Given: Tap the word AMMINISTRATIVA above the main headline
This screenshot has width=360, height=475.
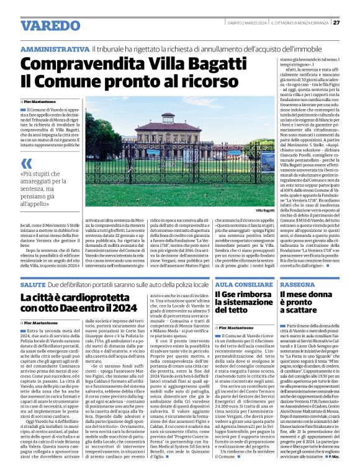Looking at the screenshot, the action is [55, 49].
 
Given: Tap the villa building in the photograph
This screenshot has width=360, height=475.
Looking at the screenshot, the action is [168, 140].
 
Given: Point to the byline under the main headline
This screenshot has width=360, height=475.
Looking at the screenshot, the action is [43, 101].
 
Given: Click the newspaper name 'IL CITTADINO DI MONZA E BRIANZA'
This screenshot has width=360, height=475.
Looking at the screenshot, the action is [299, 23].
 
